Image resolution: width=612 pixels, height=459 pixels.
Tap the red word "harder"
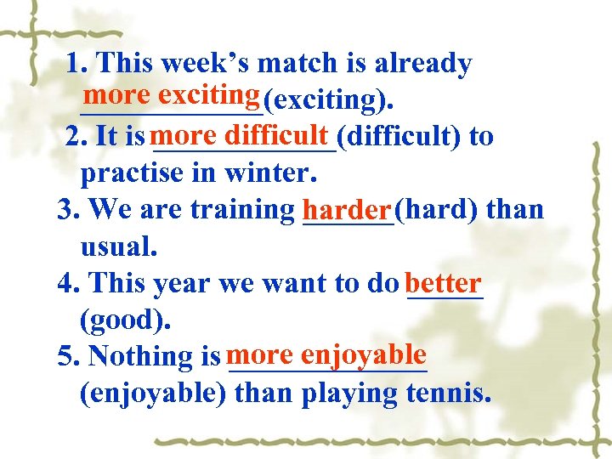click(347, 208)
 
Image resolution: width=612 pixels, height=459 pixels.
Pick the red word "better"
click(444, 281)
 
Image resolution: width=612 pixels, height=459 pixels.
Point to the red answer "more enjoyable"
click(326, 353)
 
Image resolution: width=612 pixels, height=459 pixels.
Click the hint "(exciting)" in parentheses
click(327, 101)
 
